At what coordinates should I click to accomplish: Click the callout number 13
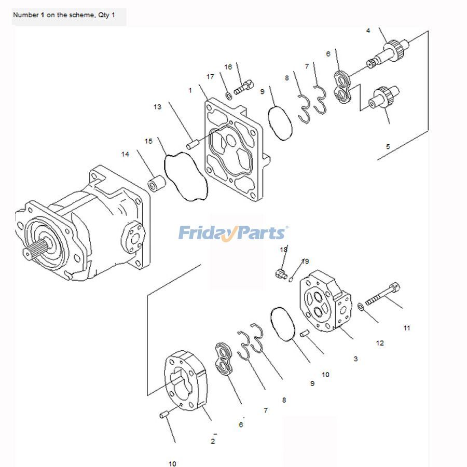pyautogui.click(x=157, y=107)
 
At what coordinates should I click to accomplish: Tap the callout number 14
pyautogui.click(x=125, y=154)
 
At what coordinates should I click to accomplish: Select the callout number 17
pyautogui.click(x=210, y=77)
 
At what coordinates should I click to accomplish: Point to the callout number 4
pyautogui.click(x=368, y=31)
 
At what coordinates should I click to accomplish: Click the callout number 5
pyautogui.click(x=388, y=147)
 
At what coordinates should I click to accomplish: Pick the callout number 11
pyautogui.click(x=407, y=328)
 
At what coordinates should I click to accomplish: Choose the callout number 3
pyautogui.click(x=355, y=359)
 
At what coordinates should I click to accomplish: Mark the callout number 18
pyautogui.click(x=284, y=250)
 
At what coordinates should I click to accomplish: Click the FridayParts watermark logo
pyautogui.click(x=233, y=233)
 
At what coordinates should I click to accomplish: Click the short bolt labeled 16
pyautogui.click(x=243, y=87)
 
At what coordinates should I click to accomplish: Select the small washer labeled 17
pyautogui.click(x=229, y=95)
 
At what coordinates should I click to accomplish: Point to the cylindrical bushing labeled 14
pyautogui.click(x=157, y=184)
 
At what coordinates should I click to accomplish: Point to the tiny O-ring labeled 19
pyautogui.click(x=292, y=280)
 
